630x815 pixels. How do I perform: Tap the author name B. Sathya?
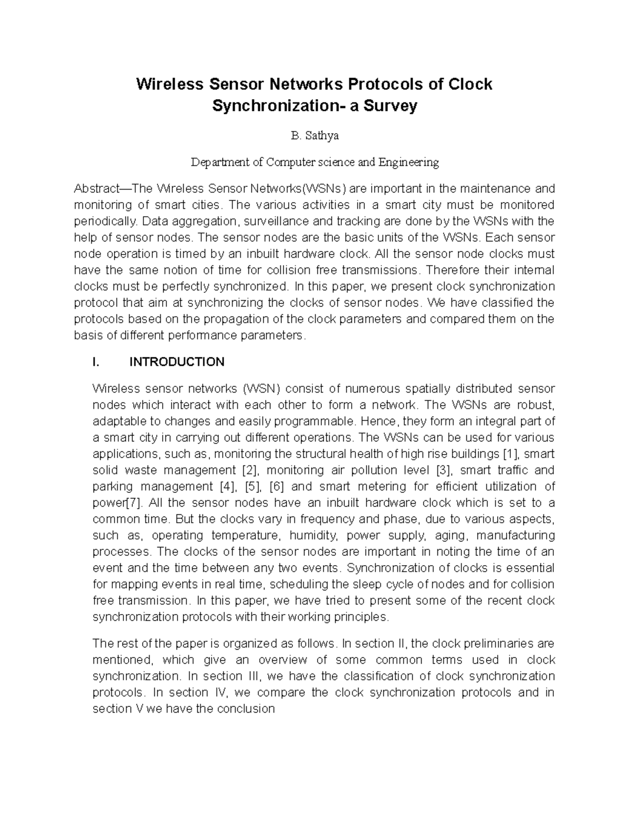point(314,136)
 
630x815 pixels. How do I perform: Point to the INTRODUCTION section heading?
point(177,362)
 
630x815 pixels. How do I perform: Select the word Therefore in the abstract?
point(451,270)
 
